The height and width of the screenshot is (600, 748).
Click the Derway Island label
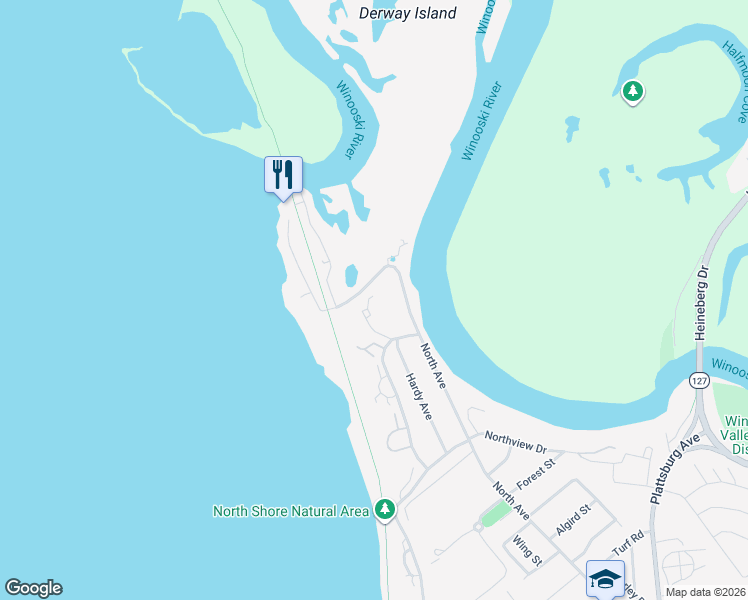pos(407,13)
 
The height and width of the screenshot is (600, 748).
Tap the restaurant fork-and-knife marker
pos(283,175)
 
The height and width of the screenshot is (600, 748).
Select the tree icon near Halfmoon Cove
pos(632,93)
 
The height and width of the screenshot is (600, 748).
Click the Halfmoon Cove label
pos(735,75)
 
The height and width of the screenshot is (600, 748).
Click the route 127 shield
pos(699,380)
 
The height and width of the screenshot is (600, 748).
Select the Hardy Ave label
pos(418,396)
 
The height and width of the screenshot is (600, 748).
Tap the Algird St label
pos(575,522)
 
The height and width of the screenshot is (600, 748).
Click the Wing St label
pos(527,551)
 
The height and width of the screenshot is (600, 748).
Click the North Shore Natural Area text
pos(291,511)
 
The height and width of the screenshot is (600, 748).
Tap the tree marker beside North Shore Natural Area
pos(385,510)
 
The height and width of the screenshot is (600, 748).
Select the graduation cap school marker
pos(605,578)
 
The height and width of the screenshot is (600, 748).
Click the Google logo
pos(33,588)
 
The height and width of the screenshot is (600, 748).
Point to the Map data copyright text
pos(706,592)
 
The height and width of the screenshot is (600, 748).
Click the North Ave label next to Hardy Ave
pos(432,365)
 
